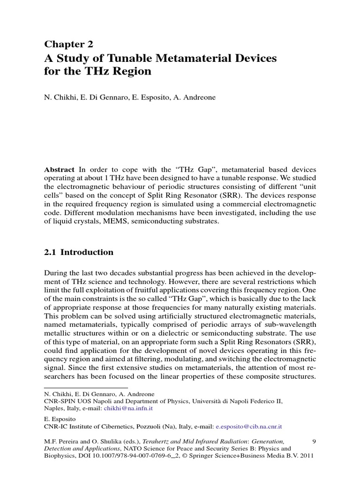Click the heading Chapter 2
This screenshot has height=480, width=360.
point(69,45)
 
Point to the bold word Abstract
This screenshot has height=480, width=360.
point(60,169)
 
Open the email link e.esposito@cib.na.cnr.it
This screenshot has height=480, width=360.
point(248,427)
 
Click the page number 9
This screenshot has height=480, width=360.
point(314,441)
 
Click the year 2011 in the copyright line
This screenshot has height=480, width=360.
point(306,456)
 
